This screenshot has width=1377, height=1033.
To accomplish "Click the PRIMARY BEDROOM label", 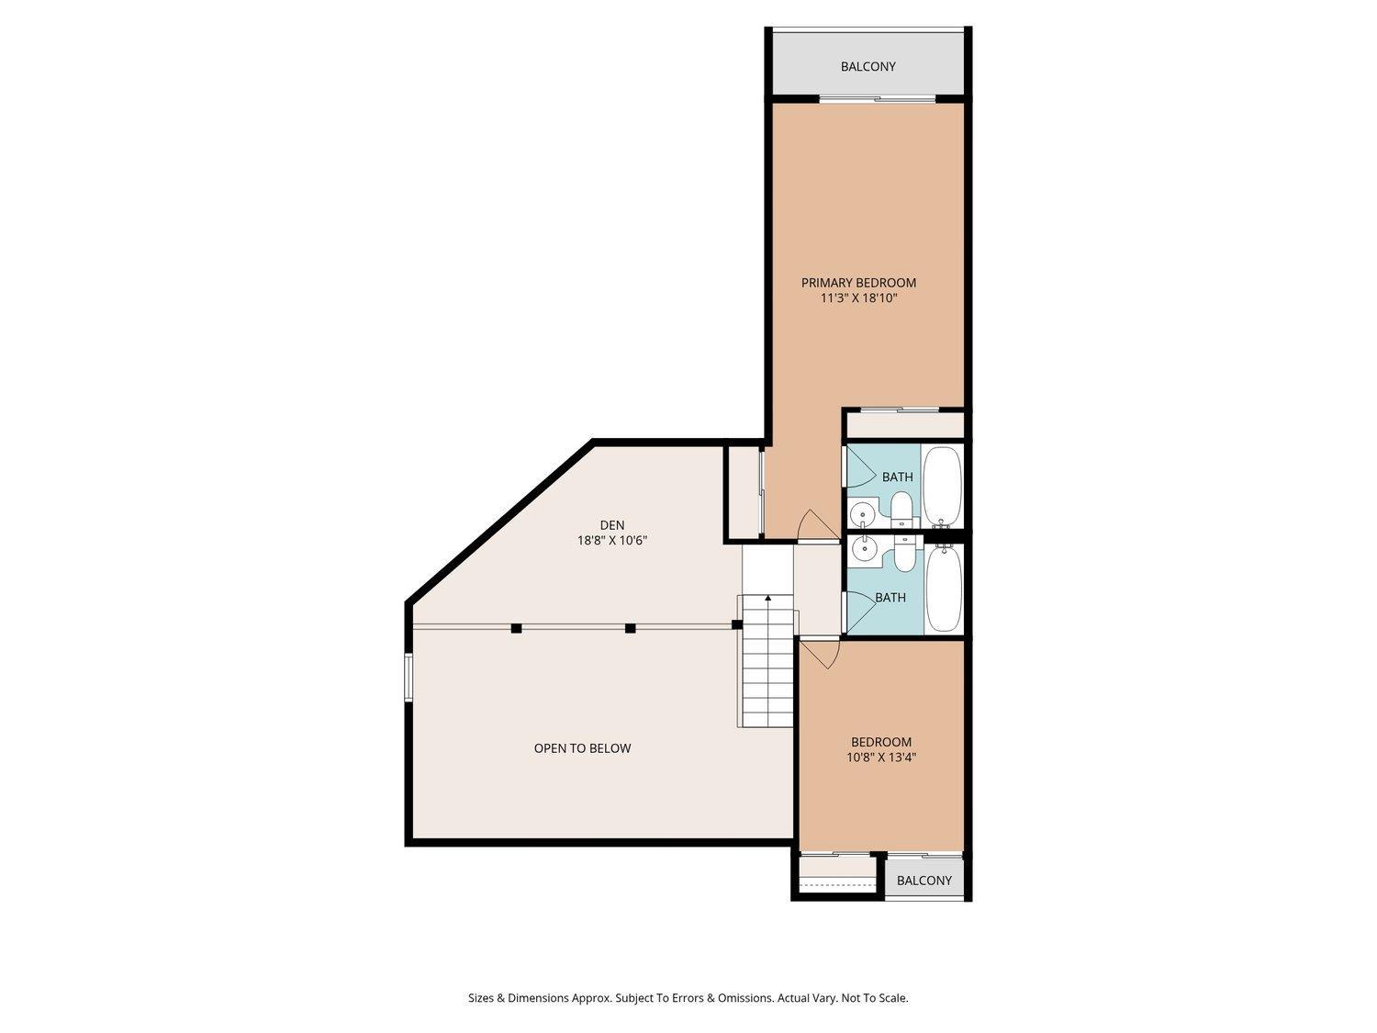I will [858, 283].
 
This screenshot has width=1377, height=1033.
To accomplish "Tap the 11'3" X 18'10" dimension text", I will [858, 298].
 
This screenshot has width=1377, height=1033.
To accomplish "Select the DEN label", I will [612, 525].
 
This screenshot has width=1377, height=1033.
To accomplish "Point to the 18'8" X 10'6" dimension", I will [612, 541].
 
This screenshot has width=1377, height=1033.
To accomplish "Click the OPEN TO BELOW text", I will [582, 748].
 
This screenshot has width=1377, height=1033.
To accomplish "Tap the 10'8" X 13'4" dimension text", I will [881, 758].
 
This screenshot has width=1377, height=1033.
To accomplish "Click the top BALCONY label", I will [868, 67].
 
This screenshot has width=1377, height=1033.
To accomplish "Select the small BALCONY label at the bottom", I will [924, 881].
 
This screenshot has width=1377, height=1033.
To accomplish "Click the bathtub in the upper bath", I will [942, 484].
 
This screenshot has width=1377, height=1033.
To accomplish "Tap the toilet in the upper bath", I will [901, 508].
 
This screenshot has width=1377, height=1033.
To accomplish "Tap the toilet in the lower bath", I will [903, 554].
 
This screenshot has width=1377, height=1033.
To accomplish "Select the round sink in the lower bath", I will [863, 549].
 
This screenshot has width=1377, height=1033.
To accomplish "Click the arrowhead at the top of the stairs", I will [767, 599].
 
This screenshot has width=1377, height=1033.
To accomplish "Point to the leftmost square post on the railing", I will [516, 628].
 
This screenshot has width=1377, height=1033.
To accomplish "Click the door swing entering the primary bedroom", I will [812, 526].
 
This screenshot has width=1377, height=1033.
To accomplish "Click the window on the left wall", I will [409, 678].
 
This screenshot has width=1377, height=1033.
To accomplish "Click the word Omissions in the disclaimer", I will [740, 998].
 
